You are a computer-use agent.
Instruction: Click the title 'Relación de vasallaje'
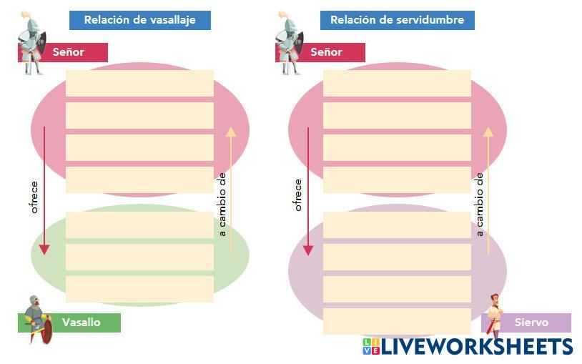click(x=139, y=20)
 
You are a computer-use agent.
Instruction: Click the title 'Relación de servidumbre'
click(x=397, y=20)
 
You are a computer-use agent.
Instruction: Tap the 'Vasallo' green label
click(x=80, y=323)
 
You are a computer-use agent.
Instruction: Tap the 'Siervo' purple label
click(x=531, y=323)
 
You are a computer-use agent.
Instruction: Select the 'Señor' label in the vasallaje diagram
click(x=69, y=52)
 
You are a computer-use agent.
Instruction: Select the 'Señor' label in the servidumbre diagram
click(x=326, y=52)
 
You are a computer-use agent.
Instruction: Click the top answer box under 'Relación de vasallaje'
click(x=139, y=83)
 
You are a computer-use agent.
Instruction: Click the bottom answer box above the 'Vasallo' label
click(x=139, y=289)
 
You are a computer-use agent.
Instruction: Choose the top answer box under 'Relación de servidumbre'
click(x=397, y=83)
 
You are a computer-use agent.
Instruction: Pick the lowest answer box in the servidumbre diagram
click(x=397, y=321)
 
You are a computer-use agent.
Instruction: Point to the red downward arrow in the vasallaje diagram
click(x=44, y=190)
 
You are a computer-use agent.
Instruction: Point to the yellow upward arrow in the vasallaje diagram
click(x=230, y=190)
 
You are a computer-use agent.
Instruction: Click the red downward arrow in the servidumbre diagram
click(x=308, y=190)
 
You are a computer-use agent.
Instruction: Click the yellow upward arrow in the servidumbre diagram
click(x=488, y=190)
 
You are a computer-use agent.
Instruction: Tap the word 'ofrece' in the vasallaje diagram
click(x=34, y=197)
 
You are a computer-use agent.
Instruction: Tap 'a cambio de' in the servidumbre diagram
click(x=480, y=204)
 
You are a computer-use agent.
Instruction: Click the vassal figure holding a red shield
click(x=38, y=319)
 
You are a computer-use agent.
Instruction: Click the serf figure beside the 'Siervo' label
click(x=494, y=315)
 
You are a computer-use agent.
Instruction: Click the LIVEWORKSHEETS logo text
click(x=475, y=347)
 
